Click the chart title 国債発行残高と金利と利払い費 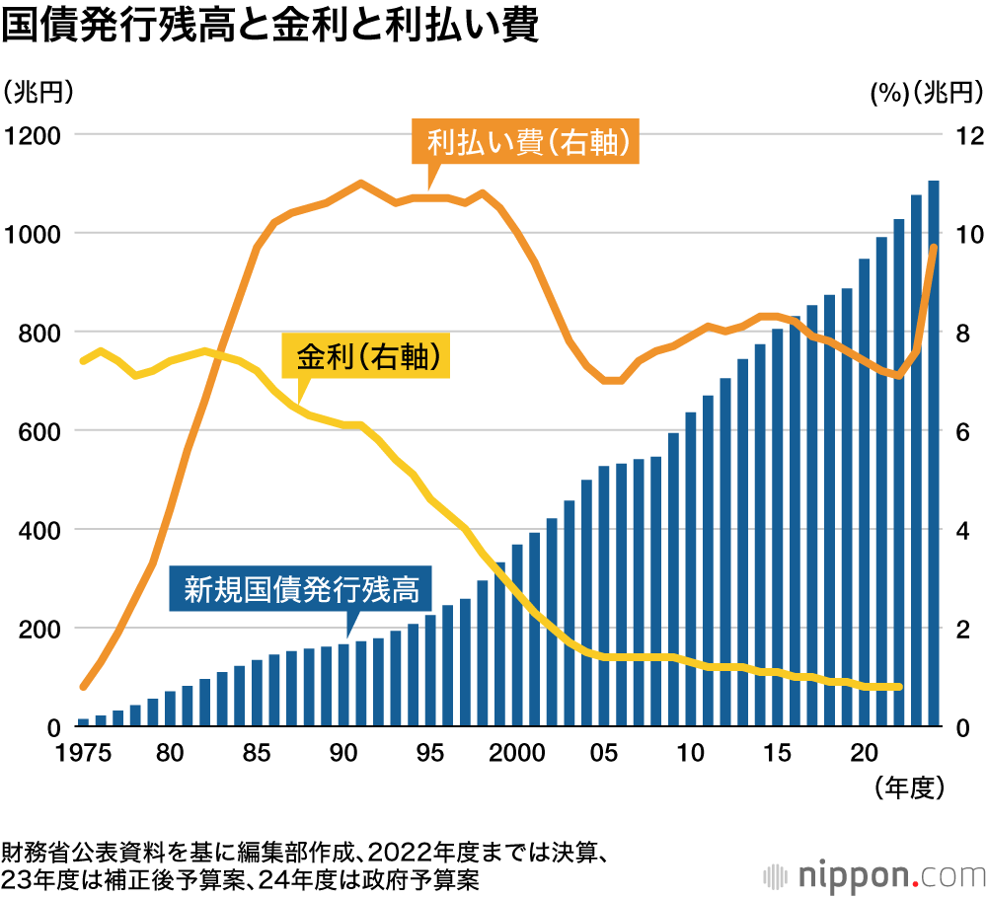269,27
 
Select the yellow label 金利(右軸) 366,357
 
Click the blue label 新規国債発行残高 302,589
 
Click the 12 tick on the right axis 963,134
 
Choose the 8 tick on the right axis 964,333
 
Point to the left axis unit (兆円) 39,93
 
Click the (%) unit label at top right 888,93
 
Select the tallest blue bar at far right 933,454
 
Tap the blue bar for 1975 83,722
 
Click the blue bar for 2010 691,569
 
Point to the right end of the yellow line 898,687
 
